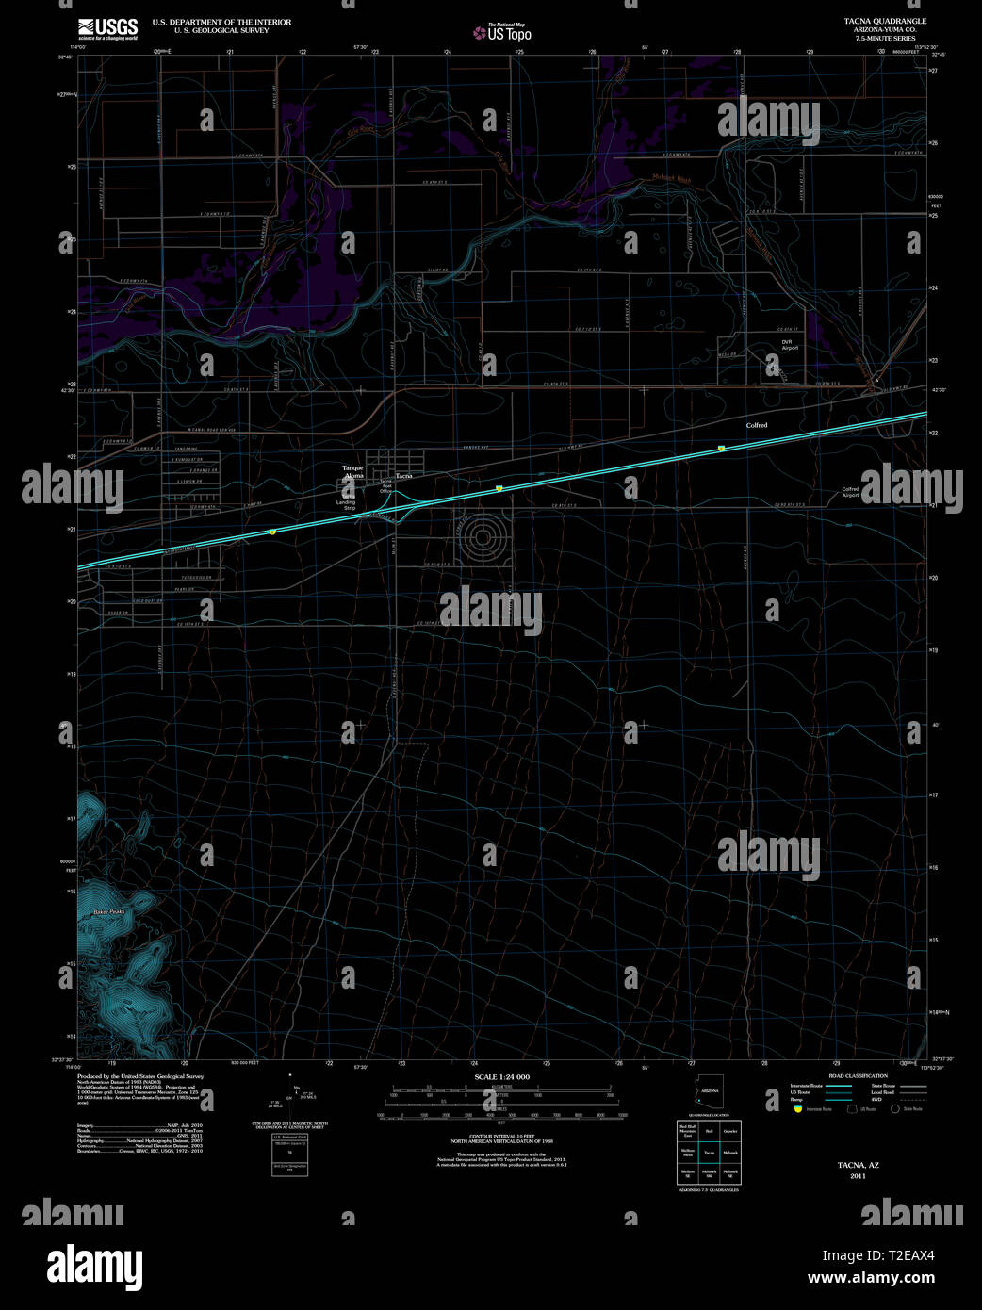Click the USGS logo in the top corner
coord(107,28)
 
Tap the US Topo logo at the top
coord(502,33)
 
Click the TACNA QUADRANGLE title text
coord(885,21)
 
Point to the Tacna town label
coord(403,476)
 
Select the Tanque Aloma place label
coord(352,472)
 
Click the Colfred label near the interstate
coord(757,425)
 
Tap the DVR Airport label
coord(789,345)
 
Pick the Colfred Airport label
coord(850,492)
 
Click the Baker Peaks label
coord(108,911)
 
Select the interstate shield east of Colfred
coord(720,449)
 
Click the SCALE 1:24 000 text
coord(501,1076)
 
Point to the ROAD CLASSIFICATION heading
coord(858,1075)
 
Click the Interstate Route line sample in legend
coord(838,1086)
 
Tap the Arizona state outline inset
coord(709,1094)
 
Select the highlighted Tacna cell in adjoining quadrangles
coord(709,1152)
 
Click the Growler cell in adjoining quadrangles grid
coord(730,1129)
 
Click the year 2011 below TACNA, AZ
coord(858,1175)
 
